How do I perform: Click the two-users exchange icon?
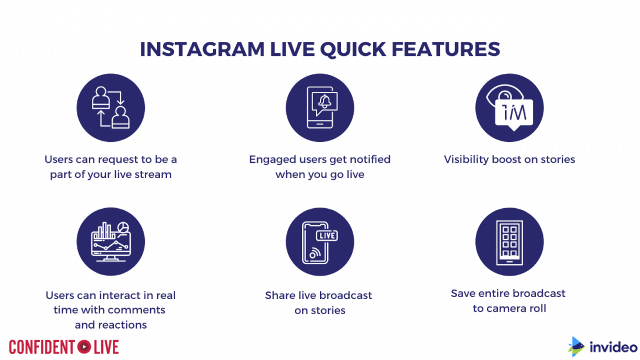(x=111, y=108)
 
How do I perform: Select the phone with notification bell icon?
(x=319, y=108)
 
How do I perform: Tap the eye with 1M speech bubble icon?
(x=509, y=108)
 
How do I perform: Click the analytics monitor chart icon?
(x=111, y=241)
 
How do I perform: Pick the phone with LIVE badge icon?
(x=319, y=241)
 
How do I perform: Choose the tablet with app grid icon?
(x=509, y=241)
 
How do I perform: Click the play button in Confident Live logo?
(x=84, y=347)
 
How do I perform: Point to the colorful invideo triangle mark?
(x=576, y=347)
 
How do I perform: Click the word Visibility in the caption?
(x=468, y=159)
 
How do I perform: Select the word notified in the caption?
(x=367, y=159)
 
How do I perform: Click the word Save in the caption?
(x=463, y=293)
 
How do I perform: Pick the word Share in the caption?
(x=280, y=295)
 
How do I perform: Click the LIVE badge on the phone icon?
(x=327, y=236)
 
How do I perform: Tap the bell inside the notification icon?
(x=323, y=102)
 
